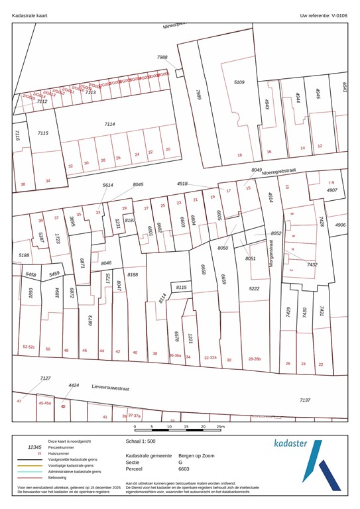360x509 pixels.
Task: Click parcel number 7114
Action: (109, 124)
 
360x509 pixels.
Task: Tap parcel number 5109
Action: (239, 82)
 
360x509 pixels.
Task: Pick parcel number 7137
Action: (304, 400)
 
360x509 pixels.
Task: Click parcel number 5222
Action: (254, 289)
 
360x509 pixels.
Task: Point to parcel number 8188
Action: (133, 274)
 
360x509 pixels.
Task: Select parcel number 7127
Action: (45, 378)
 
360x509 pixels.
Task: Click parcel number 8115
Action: (181, 287)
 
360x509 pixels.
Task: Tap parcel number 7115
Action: (42, 133)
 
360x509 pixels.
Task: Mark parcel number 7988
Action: (162, 58)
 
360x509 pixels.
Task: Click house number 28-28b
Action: (255, 359)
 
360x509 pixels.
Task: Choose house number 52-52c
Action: (29, 347)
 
